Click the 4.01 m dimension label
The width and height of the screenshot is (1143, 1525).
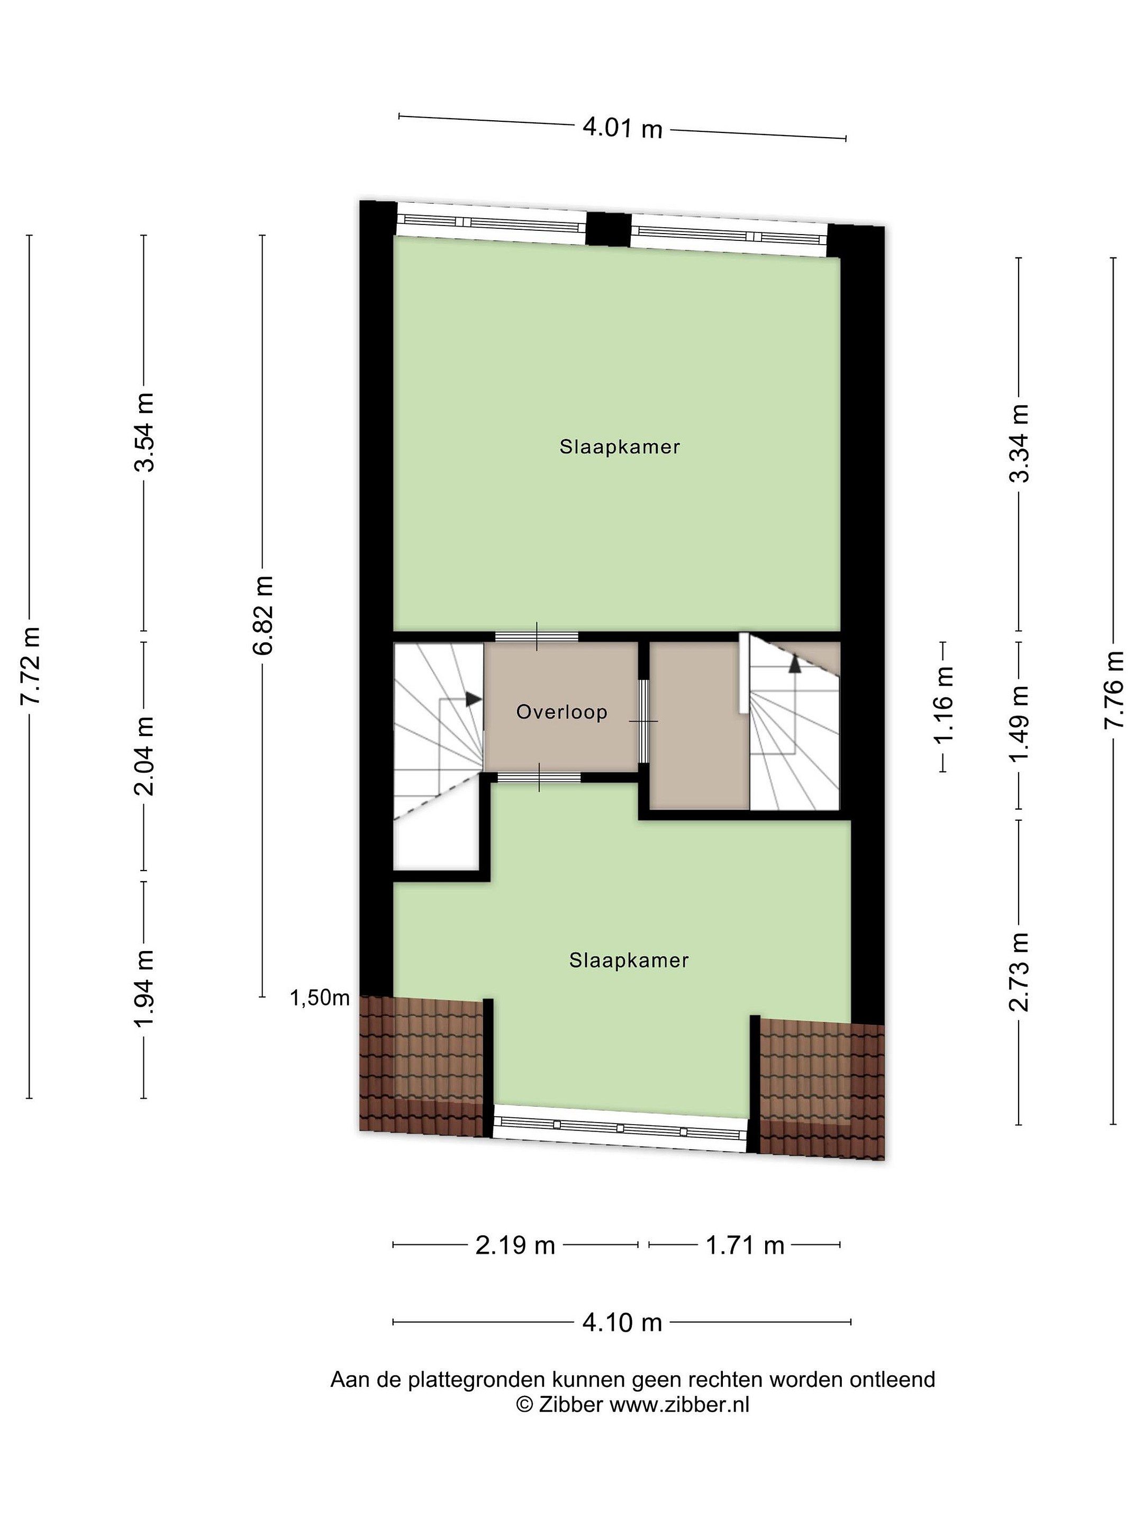[622, 128]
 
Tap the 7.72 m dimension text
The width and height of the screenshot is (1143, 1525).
[31, 665]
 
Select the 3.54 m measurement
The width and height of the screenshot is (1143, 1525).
[144, 432]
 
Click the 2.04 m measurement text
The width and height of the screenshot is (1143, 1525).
[144, 756]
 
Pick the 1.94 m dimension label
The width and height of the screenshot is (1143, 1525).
[144, 989]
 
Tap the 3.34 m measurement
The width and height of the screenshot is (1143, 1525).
[1019, 443]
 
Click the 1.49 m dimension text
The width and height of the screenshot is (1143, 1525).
[1019, 724]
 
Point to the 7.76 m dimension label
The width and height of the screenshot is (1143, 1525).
[1113, 689]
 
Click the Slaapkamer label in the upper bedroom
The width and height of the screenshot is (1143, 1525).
[619, 447]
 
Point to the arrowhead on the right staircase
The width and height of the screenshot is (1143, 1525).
[795, 663]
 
